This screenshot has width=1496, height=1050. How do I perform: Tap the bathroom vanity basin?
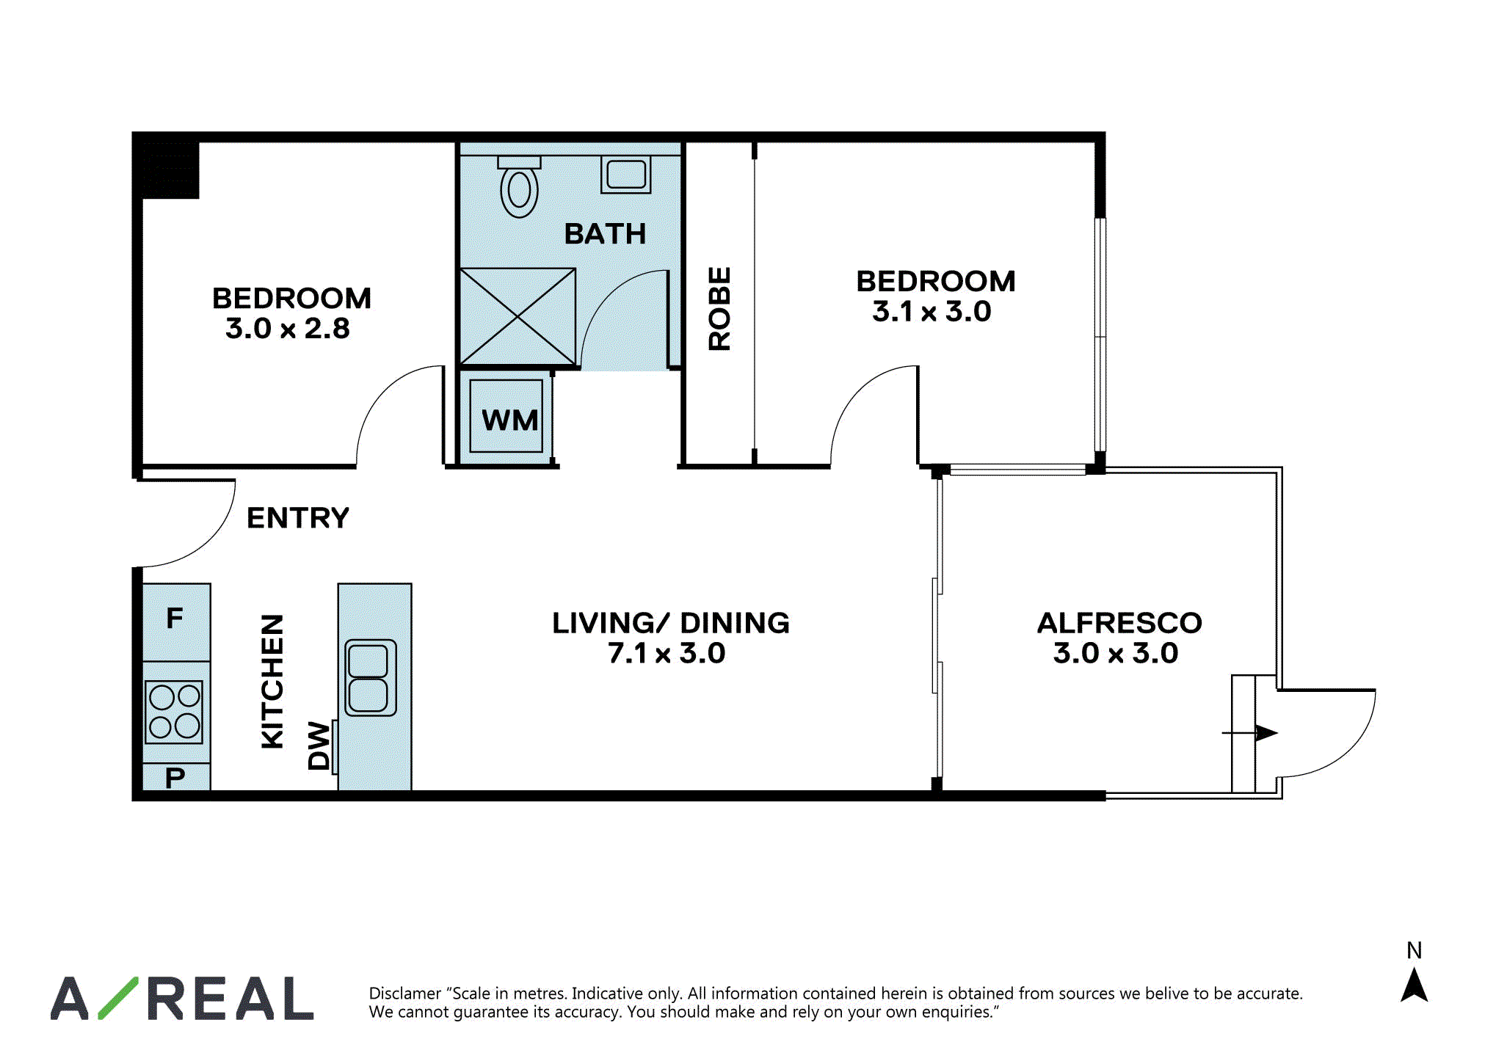click(625, 175)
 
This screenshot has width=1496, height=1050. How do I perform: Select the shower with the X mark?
click(518, 317)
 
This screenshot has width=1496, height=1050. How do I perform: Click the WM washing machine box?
click(506, 416)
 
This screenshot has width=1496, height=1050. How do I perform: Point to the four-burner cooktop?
click(174, 712)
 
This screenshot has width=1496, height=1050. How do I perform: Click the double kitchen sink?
click(370, 677)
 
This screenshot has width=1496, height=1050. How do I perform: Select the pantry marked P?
click(176, 776)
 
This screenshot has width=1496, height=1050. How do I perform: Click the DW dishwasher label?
click(319, 745)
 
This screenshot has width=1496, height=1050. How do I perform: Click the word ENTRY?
click(298, 518)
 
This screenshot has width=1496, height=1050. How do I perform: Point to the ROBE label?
click(719, 308)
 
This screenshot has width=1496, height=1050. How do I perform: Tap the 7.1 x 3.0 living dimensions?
click(667, 653)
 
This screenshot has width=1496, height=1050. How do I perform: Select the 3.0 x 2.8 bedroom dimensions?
click(288, 329)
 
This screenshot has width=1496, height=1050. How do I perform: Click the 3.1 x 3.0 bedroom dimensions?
click(932, 312)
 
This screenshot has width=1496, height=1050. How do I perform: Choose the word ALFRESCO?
click(1119, 623)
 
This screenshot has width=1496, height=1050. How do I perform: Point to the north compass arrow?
click(1414, 985)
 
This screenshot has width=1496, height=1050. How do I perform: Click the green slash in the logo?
click(118, 998)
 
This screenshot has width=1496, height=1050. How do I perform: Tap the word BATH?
click(606, 234)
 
